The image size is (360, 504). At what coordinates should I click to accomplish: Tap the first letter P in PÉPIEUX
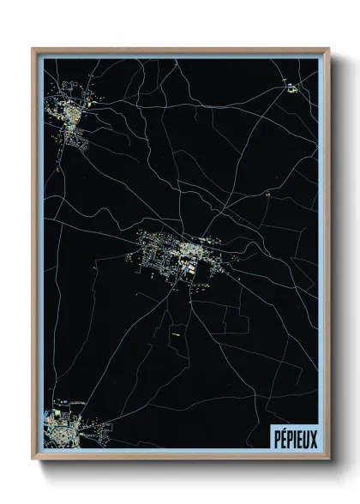click(x=275, y=437)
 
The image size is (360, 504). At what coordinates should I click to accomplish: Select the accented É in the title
click(x=282, y=437)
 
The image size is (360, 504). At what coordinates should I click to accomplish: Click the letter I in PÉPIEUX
click(x=294, y=437)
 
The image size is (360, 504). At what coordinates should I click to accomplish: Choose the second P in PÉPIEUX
click(x=289, y=437)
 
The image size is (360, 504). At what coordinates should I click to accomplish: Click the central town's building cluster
click(x=176, y=254)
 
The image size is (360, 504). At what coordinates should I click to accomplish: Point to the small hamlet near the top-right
click(x=290, y=86)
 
